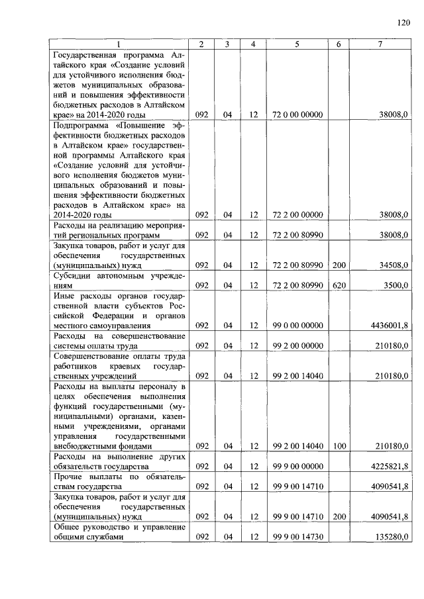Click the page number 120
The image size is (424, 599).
coord(404,23)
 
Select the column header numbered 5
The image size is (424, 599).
coord(297,44)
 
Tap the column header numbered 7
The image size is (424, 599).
coord(380,44)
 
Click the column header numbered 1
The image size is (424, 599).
coord(117,44)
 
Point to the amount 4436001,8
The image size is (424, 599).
coord(386,326)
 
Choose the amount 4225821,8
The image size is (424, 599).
coord(386,466)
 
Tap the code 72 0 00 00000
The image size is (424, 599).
coord(297,115)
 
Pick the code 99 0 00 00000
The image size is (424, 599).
coord(297,326)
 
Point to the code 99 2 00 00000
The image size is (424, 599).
coord(297,345)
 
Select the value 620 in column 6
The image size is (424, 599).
coord(338,285)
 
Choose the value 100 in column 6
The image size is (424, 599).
coord(338,447)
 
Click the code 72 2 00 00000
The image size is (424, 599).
coord(297,214)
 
